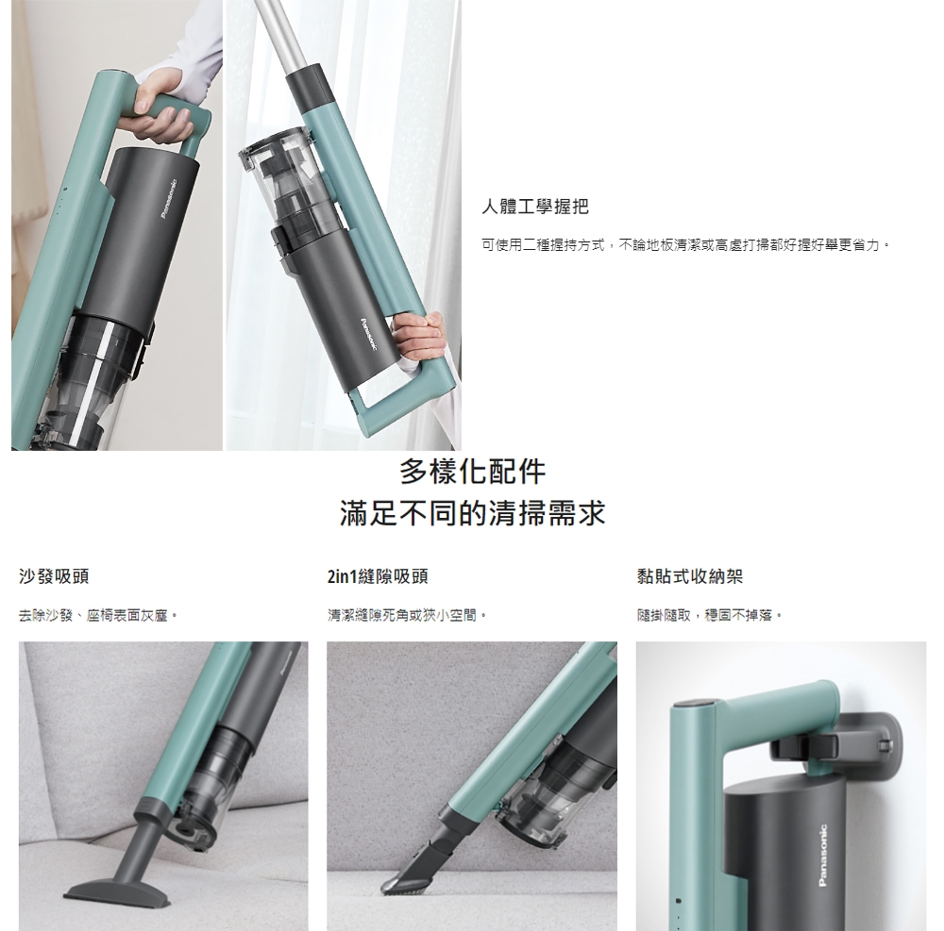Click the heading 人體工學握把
point(535,207)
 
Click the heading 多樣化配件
point(473,472)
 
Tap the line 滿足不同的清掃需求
point(473,513)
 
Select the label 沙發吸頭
point(54,576)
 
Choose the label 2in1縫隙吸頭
point(378,576)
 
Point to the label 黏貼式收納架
point(690,576)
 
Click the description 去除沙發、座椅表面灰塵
point(98,615)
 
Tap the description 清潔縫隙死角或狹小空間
point(407,615)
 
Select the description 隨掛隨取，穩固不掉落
point(710,615)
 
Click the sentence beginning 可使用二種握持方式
point(685,245)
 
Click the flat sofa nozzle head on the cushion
point(117,889)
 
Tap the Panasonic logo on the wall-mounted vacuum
point(823,856)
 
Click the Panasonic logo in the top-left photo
point(168,199)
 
